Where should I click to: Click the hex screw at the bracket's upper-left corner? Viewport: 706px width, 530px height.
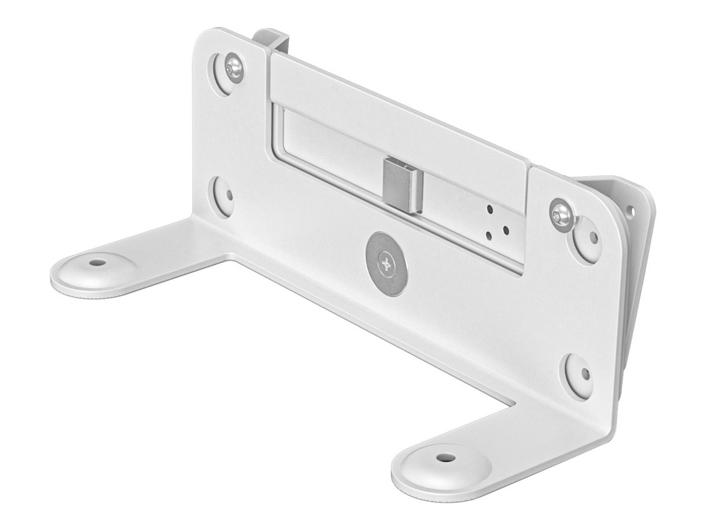click(234, 67)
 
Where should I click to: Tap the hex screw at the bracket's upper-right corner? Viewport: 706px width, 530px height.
click(562, 214)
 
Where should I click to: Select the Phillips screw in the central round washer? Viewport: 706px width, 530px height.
click(386, 264)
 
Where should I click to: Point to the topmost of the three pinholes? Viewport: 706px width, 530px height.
click(490, 208)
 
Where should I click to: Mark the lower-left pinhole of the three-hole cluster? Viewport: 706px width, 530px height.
click(489, 235)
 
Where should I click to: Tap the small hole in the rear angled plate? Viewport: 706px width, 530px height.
click(629, 211)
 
